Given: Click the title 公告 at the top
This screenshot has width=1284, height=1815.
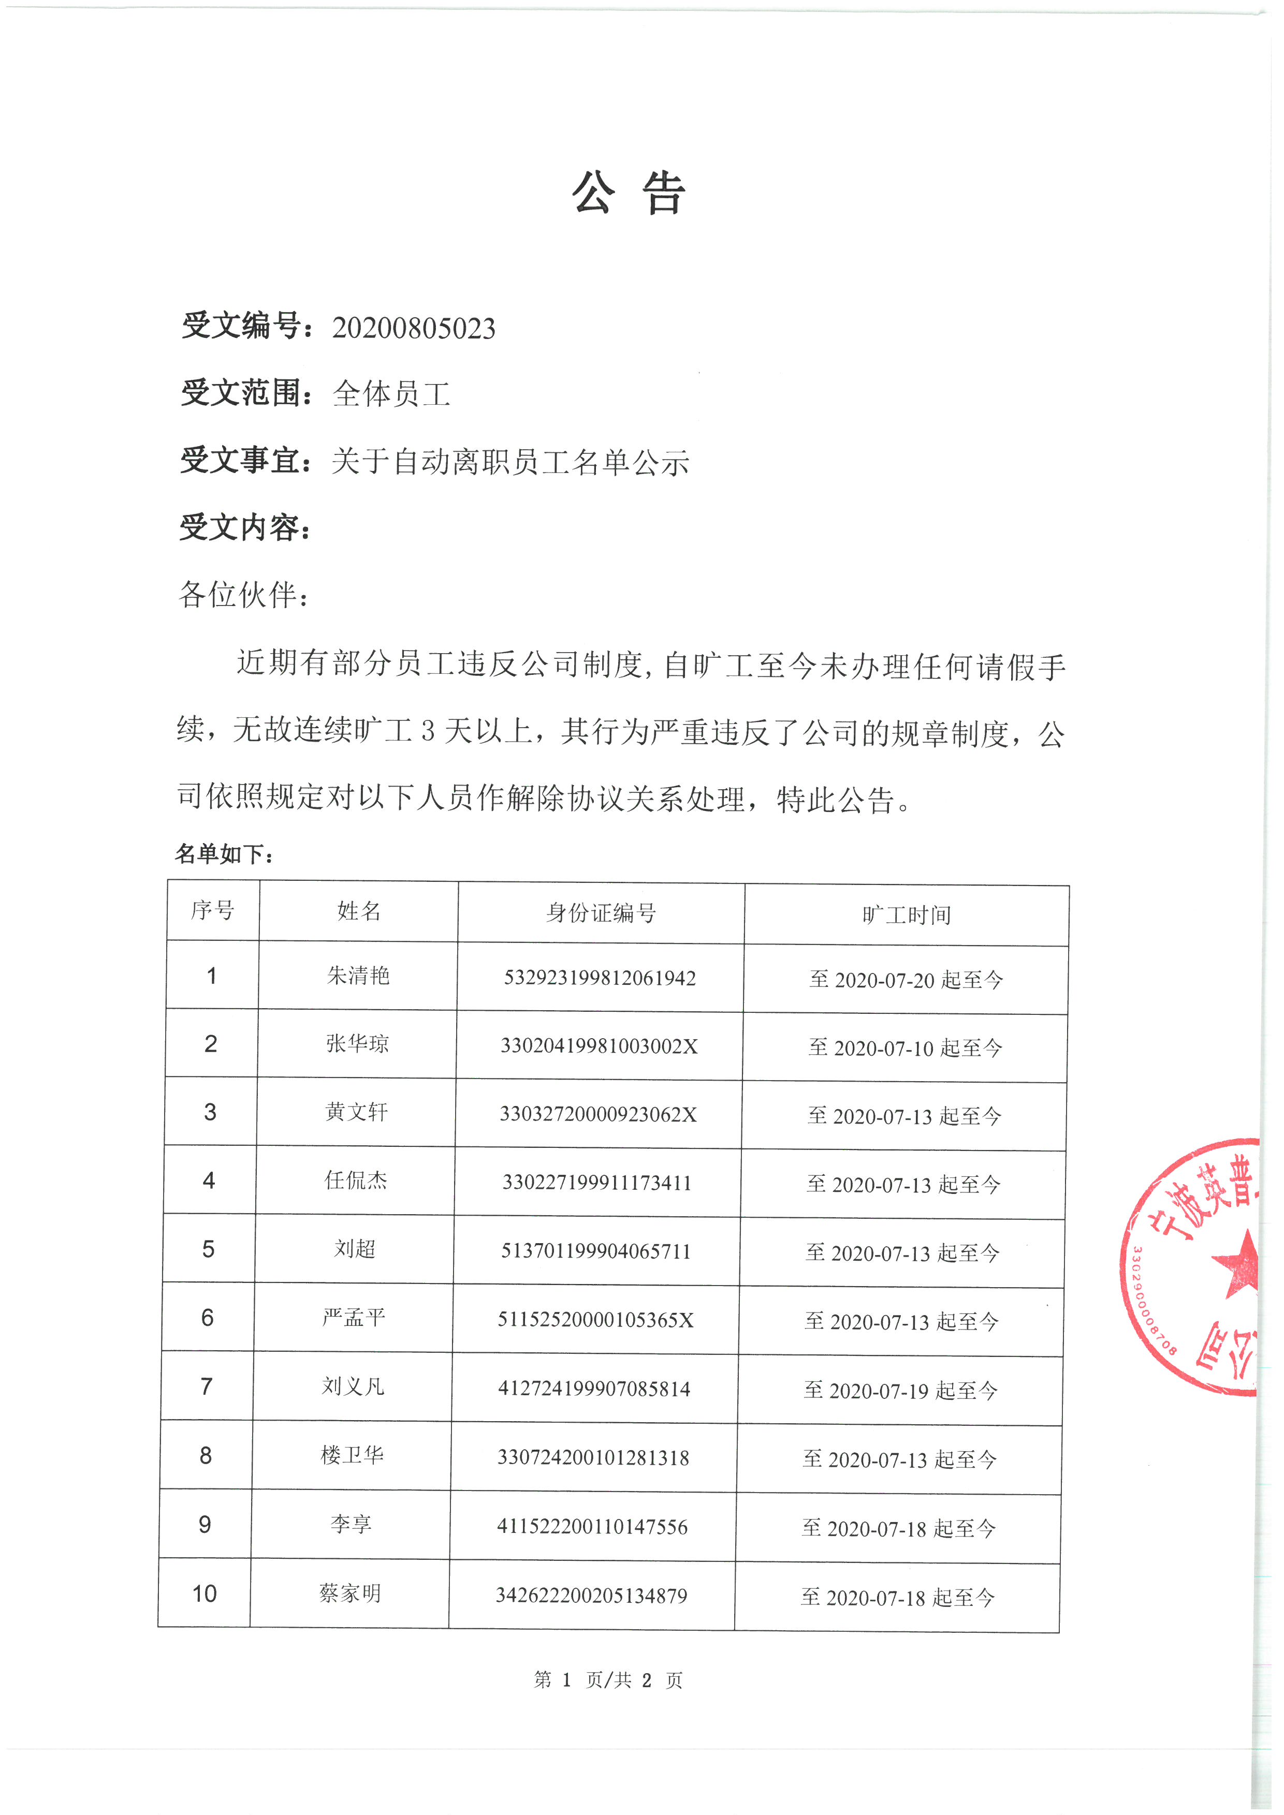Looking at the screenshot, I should pyautogui.click(x=629, y=194).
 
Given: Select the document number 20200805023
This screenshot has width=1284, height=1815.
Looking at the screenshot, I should pyautogui.click(x=414, y=328).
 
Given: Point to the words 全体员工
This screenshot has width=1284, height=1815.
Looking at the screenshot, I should pyautogui.click(x=391, y=394).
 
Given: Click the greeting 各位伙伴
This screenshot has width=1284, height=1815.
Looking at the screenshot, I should pyautogui.click(x=243, y=595).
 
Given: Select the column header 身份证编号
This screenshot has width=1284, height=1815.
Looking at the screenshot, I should pyautogui.click(x=601, y=913).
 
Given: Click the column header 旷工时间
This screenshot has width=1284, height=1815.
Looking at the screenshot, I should pyautogui.click(x=906, y=916).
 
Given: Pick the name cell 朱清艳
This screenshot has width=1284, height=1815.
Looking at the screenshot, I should pyautogui.click(x=358, y=976).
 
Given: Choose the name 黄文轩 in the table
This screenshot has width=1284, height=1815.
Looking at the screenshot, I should pyautogui.click(x=357, y=1112).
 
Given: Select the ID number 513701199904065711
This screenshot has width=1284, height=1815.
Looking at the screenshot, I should pyautogui.click(x=596, y=1251).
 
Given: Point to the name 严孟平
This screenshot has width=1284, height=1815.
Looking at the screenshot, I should pyautogui.click(x=354, y=1318).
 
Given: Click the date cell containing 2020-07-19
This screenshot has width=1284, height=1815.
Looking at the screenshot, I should pyautogui.click(x=900, y=1391).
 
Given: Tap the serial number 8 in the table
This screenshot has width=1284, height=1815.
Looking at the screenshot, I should pyautogui.click(x=206, y=1455).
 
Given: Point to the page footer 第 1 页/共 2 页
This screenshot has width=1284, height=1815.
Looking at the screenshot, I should pyautogui.click(x=608, y=1680).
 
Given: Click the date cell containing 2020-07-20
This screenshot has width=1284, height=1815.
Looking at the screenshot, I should pyautogui.click(x=906, y=980).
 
